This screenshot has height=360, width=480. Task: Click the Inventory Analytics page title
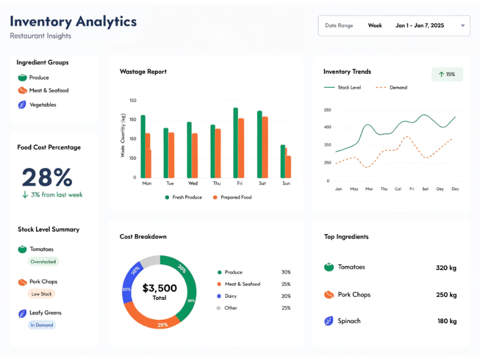73,22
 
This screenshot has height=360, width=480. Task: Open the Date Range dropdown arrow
463,26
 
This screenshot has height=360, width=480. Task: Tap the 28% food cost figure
47,177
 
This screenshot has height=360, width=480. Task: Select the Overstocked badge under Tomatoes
43,262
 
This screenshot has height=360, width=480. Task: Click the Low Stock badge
42,294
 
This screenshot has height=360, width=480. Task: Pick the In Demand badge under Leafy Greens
42,325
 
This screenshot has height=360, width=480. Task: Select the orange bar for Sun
288,166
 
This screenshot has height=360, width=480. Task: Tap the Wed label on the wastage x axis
193,183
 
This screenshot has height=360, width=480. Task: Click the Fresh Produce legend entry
183,197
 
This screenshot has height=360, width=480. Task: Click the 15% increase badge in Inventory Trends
447,74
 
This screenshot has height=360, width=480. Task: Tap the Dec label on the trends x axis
455,189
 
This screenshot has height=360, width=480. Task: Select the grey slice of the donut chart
150,261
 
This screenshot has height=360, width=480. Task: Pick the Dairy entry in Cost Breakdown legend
230,296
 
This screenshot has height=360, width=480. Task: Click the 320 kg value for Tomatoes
446,268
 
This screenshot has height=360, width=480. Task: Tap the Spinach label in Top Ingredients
349,321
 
